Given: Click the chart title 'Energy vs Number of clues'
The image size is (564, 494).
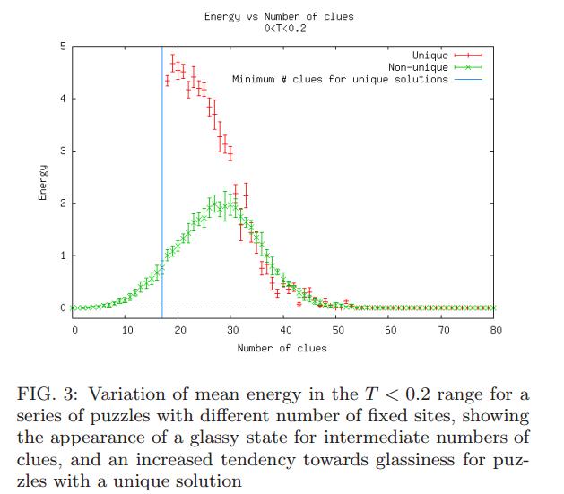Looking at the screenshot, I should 278,16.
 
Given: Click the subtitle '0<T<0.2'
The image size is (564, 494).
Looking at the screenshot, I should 278,29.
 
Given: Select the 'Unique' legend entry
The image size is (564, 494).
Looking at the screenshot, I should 430,56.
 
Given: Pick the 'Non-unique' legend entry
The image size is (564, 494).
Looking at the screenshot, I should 417,68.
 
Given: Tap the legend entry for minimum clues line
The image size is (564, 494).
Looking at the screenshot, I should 340,80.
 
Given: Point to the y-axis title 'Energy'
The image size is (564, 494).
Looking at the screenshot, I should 42,184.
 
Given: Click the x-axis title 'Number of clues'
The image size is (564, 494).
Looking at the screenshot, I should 282,348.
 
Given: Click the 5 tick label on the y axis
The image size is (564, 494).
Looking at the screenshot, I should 62,46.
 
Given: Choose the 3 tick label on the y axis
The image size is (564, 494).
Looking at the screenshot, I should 62,151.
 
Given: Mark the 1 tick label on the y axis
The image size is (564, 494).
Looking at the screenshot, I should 62,256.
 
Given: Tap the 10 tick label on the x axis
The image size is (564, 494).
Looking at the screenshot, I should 126,330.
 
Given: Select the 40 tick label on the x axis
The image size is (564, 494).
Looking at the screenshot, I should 285,330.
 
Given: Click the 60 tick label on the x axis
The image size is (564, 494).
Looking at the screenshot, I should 391,330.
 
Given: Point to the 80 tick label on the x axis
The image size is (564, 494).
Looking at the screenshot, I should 496,330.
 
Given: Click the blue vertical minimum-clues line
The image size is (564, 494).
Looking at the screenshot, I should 162,179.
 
